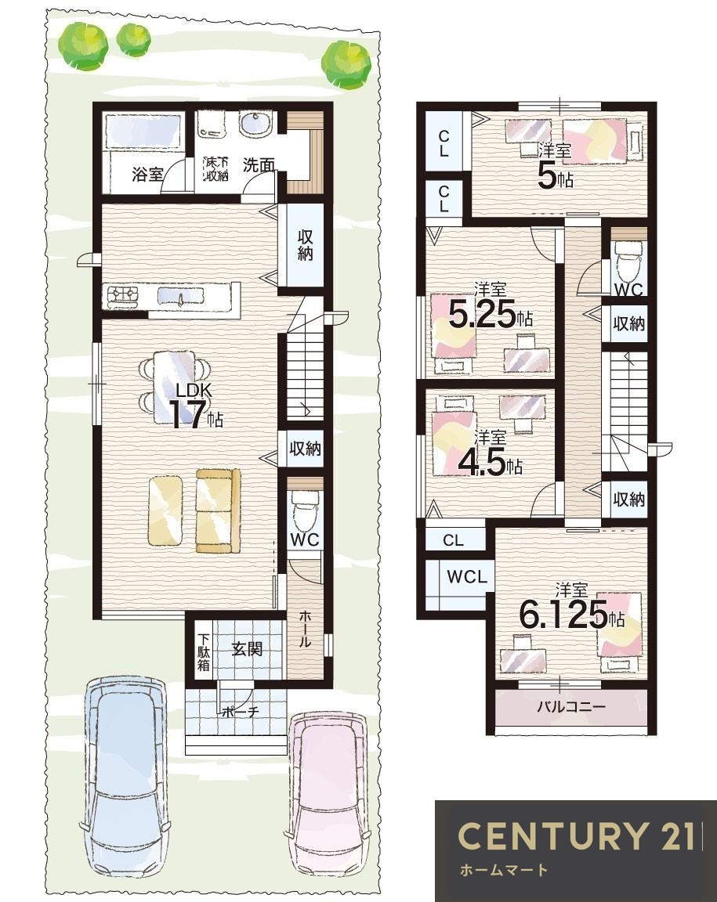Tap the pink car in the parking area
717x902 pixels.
326,802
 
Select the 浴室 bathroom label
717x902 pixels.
147,173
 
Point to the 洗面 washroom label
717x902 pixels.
258,165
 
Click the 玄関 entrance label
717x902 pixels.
247,649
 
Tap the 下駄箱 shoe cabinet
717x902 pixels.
204,651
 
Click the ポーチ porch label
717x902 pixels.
241,713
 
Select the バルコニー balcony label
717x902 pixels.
571,705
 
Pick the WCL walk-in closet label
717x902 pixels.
467,577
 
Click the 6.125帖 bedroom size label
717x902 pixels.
572,614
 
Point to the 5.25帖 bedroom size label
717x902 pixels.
490,315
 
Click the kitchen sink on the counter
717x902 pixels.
180,296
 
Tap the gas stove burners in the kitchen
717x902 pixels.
123,296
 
